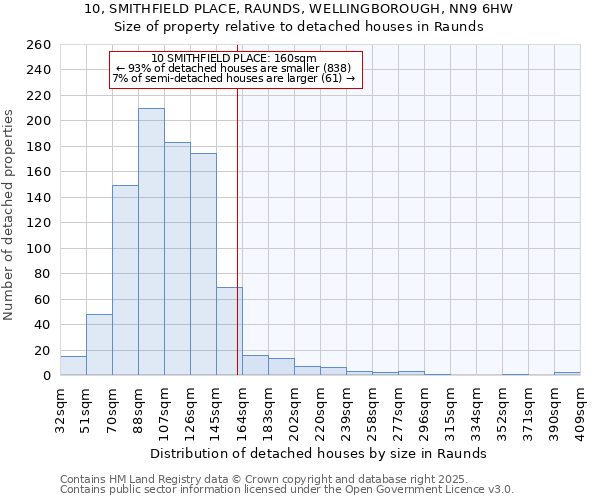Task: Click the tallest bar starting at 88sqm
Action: click(x=151, y=242)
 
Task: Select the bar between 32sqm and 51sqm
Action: click(x=73, y=366)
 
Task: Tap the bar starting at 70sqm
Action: click(x=125, y=280)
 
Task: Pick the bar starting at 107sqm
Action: click(x=177, y=259)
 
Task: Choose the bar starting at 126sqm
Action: click(x=203, y=264)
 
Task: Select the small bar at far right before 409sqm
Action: click(x=567, y=374)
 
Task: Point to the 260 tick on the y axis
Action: click(x=39, y=45)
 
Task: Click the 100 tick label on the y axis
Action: click(x=39, y=248)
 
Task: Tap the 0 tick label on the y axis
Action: click(x=46, y=376)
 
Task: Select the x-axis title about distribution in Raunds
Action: click(x=319, y=453)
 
